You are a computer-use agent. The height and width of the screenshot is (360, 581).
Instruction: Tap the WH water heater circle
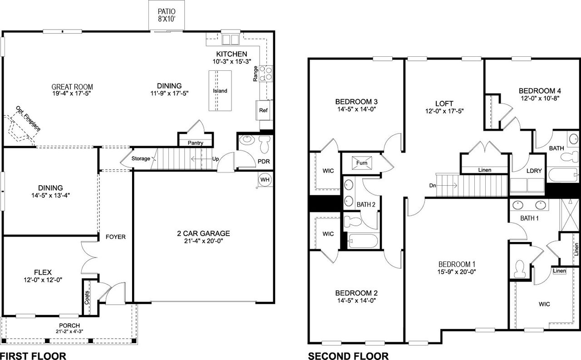265,180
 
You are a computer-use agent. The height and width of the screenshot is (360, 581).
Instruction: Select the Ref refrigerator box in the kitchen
263,110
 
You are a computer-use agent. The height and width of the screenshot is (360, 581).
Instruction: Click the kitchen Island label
220,91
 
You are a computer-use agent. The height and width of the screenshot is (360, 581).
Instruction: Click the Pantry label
195,143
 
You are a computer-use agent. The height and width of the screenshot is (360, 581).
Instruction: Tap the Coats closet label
87,297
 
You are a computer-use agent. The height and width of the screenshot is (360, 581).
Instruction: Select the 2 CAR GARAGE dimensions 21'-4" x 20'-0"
203,241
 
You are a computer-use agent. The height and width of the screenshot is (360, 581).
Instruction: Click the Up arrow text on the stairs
216,159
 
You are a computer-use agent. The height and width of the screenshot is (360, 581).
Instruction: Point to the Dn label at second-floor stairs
433,185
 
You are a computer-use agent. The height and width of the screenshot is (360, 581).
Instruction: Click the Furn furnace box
362,162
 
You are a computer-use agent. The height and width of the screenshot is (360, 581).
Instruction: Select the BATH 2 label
365,205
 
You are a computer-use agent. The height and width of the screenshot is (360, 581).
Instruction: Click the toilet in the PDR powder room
265,145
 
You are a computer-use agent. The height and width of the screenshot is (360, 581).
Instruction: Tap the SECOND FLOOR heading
348,356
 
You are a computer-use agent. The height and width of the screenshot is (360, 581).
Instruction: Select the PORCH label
69,325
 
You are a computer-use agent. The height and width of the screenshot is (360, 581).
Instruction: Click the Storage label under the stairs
141,159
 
